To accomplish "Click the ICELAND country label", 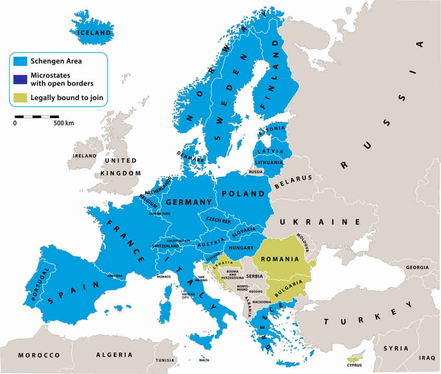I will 93,33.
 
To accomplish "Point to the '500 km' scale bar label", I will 63,123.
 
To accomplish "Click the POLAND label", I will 243,194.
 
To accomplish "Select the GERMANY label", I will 189,202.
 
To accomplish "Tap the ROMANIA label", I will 280,259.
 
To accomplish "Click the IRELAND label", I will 84,156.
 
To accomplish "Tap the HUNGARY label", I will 241,248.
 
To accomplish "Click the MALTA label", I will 204,360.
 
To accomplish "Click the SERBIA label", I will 255,276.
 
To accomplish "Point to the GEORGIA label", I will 416,268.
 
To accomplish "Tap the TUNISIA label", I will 165,360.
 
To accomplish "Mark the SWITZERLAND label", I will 165,246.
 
